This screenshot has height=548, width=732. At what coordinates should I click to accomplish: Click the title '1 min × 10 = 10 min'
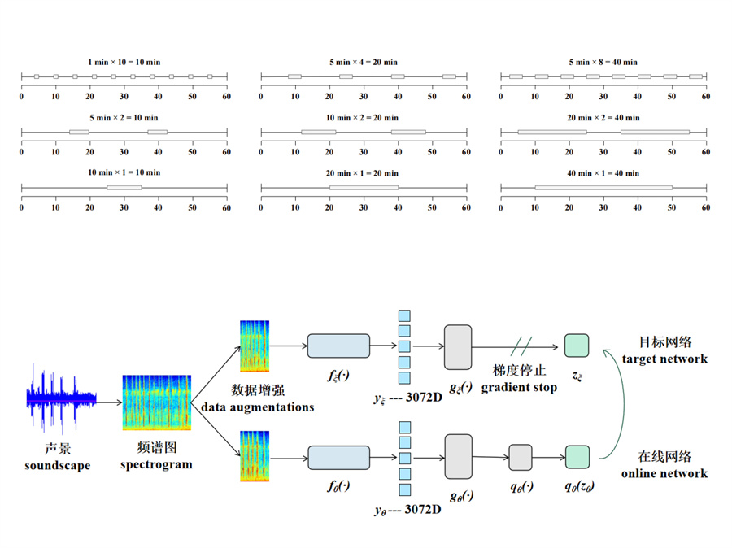coord(124,62)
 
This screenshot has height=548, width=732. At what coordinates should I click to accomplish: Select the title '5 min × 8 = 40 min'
coord(603,62)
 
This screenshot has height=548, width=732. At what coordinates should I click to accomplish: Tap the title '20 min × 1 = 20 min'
coord(364,172)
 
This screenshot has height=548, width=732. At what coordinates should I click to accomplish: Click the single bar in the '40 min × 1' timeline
coord(603,188)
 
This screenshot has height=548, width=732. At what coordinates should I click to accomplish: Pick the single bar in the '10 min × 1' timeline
coord(124,188)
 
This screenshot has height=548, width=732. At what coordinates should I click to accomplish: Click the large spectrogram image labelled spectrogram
coord(157,402)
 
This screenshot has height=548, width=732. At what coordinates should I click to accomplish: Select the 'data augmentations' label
coord(258,407)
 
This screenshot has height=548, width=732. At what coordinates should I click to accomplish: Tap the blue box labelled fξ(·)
coord(338,346)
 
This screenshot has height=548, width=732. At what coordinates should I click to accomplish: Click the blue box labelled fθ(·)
coord(338,457)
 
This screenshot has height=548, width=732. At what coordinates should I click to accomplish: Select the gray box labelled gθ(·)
coord(458,456)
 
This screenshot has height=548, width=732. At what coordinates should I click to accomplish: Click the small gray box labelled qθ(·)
coord(521,457)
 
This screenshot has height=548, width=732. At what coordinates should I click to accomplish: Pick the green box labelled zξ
coord(577,346)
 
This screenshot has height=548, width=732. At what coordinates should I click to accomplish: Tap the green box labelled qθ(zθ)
coord(577,457)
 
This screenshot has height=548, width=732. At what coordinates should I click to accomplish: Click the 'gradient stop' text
coord(519,388)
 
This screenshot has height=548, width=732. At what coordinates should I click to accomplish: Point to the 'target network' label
coord(664,359)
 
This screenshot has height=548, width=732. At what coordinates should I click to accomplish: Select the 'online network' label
coord(664,473)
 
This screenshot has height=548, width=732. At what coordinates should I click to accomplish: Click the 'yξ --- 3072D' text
coord(407,398)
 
